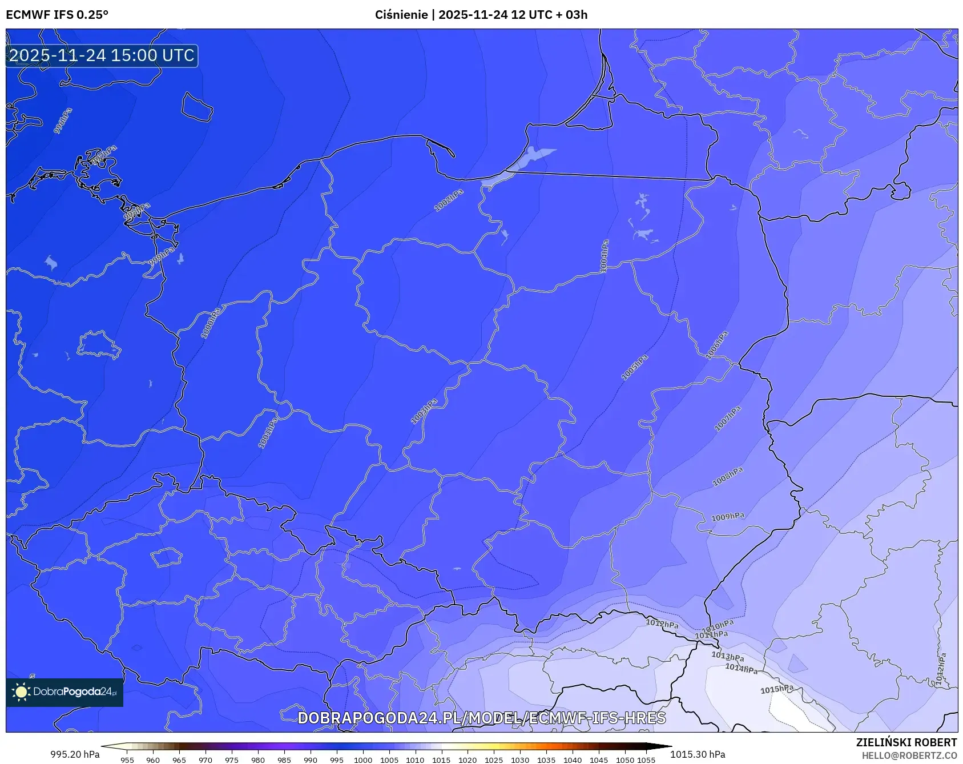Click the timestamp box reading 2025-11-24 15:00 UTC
coord(102,55)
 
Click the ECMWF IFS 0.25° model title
coord(57,15)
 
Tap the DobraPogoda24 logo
coord(65,691)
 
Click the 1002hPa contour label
coord(449,200)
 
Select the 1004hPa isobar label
coord(604,256)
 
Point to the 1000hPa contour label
coord(210,323)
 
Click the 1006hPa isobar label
coord(717,345)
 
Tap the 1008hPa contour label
coord(727,477)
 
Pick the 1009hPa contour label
coord(727,517)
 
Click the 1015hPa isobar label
coord(776,689)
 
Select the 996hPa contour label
coord(63,121)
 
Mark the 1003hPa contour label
coord(424,412)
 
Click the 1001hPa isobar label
coord(268,432)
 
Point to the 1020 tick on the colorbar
coord(468,760)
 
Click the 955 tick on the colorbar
coord(127,760)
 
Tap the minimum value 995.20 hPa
coord(75,754)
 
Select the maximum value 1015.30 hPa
coord(698,754)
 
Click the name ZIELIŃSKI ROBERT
coord(906,742)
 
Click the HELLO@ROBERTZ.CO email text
coord(909,755)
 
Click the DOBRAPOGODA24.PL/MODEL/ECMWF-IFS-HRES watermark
coord(481,718)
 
